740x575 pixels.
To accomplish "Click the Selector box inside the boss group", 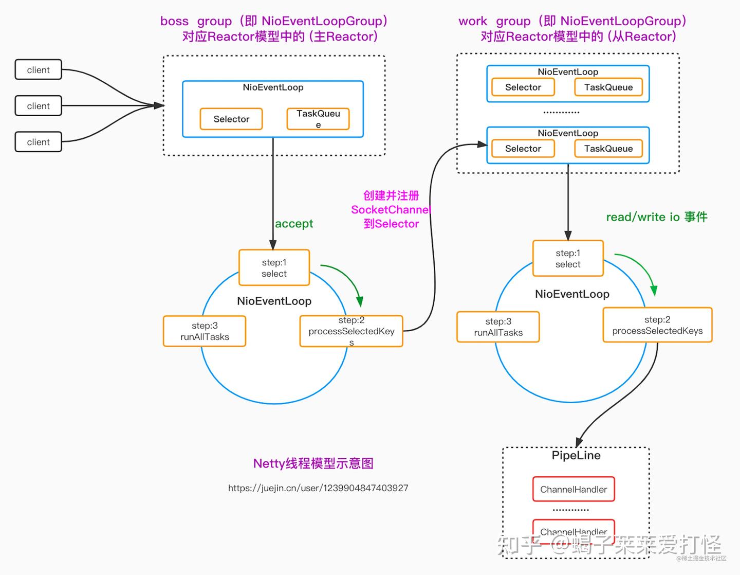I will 231,119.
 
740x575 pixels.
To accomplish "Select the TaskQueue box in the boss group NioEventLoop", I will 318,119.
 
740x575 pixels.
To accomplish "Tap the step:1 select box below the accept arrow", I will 274,267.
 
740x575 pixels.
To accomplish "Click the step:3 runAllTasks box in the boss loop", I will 205,331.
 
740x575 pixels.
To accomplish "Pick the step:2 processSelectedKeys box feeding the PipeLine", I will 657,325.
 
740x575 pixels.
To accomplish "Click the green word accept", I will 294,224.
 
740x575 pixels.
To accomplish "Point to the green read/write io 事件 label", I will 657,217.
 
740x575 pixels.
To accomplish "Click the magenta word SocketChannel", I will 391,210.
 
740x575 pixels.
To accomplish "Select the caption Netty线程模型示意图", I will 313,463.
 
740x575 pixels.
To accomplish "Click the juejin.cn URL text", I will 318,488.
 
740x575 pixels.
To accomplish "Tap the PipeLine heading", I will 576,456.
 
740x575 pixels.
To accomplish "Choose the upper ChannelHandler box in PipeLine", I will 573,490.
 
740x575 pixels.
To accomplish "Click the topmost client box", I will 38,70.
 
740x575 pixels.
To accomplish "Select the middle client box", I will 38,106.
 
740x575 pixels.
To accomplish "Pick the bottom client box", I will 38,142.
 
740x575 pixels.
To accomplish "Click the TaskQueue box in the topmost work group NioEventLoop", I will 608,87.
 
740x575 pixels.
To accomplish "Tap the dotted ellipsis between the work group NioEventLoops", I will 561,112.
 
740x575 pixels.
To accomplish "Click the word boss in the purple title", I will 174,21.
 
